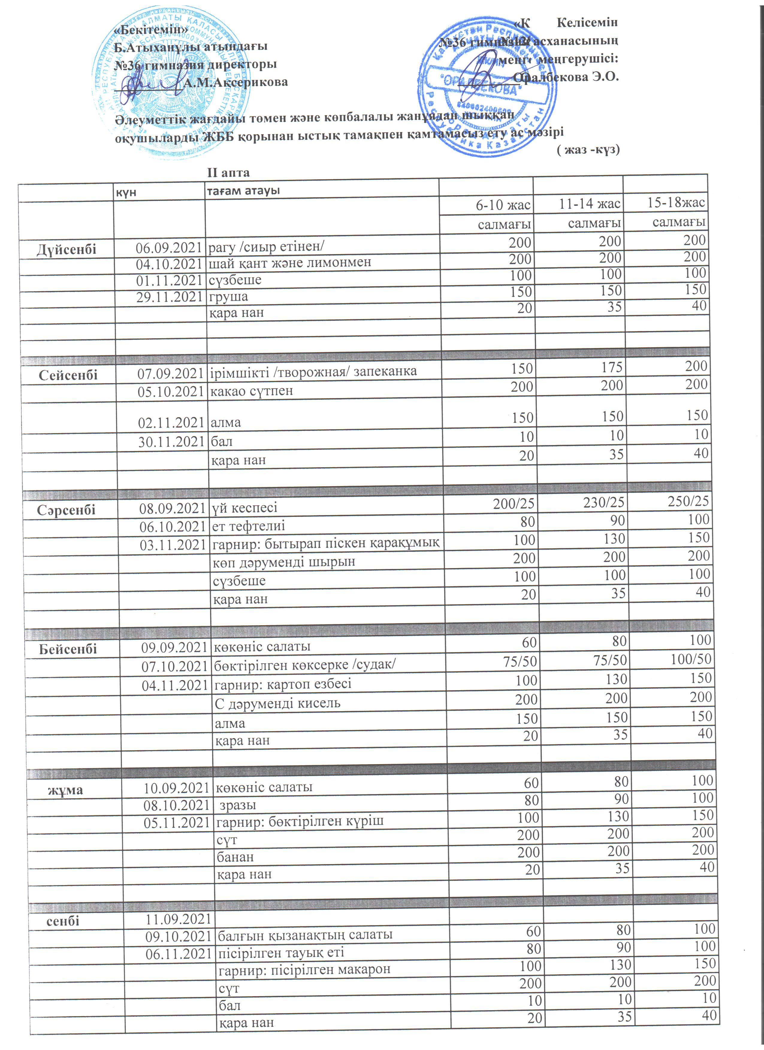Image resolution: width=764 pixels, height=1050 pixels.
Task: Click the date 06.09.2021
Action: [x=169, y=248]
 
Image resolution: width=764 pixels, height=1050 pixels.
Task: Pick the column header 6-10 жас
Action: [x=503, y=205]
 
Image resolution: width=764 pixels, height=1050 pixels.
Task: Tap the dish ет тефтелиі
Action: [x=248, y=526]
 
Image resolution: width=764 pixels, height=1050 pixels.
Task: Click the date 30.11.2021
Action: [x=171, y=442]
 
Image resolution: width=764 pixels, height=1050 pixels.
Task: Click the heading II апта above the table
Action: [x=228, y=173]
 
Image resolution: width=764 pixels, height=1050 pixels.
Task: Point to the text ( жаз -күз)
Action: [x=588, y=150]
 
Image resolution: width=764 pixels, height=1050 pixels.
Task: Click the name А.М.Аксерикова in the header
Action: [x=235, y=82]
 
